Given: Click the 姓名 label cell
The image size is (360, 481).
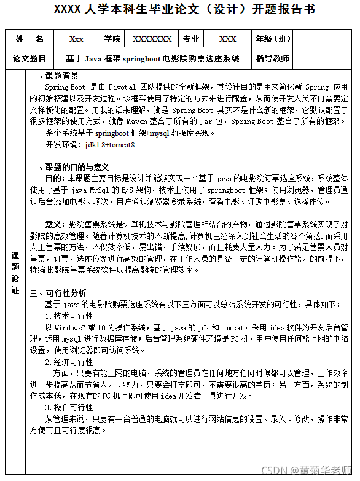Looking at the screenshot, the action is click(x=29, y=39).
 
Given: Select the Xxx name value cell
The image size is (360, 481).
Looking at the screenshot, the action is click(x=76, y=39).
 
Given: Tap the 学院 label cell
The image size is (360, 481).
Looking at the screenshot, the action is click(x=112, y=39).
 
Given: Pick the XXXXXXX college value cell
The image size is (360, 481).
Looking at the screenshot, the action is click(x=152, y=39).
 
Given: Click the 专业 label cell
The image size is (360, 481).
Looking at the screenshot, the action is click(x=191, y=39).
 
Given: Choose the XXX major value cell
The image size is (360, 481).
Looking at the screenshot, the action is click(x=227, y=39).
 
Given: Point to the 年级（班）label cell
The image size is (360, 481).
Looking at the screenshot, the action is click(x=273, y=39).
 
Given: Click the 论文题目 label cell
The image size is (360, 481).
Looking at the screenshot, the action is click(x=29, y=59).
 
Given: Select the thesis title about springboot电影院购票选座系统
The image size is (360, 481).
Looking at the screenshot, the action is click(x=152, y=59).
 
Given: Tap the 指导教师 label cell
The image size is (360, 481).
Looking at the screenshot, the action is click(x=273, y=59).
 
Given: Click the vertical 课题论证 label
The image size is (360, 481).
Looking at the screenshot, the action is click(x=15, y=271).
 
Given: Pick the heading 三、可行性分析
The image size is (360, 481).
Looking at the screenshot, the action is click(x=58, y=293).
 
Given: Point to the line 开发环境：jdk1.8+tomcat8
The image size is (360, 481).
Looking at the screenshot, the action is click(x=90, y=146).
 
